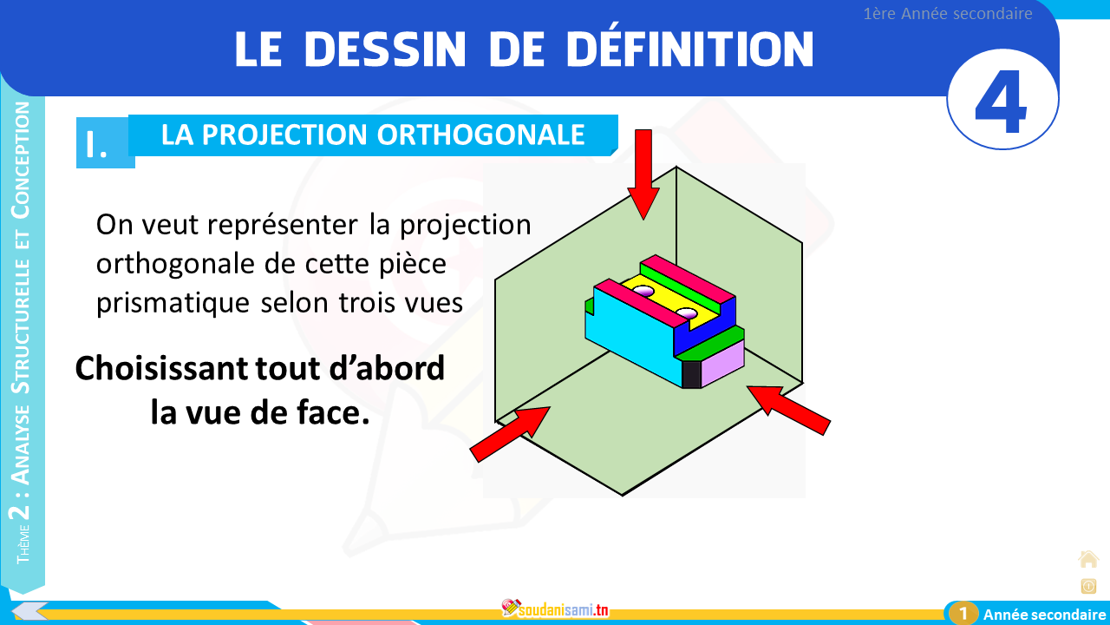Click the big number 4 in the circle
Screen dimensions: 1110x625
point(1000,102)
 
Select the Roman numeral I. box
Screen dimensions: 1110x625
point(105,143)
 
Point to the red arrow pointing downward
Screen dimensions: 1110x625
point(643,174)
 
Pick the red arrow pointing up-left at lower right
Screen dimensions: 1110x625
point(789,411)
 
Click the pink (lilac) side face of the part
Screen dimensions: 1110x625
point(722,363)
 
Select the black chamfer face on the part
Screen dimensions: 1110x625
point(691,374)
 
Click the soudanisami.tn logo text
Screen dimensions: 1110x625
point(564,609)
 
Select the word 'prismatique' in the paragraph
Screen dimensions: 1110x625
point(173,303)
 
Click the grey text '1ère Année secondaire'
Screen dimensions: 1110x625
point(948,13)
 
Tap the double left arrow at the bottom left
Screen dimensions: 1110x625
point(29,611)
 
